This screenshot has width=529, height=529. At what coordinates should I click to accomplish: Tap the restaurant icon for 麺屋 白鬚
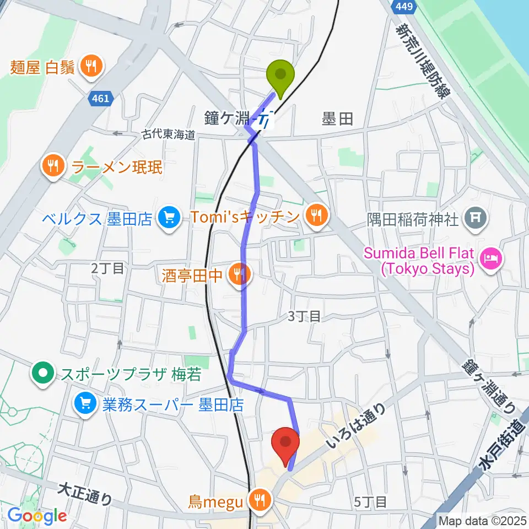pyautogui.click(x=89, y=67)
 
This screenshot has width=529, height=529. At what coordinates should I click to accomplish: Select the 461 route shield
pyautogui.click(x=101, y=98)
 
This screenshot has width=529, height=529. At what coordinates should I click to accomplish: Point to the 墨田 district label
pyautogui.click(x=337, y=118)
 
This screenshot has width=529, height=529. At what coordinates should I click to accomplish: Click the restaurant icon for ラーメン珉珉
pyautogui.click(x=53, y=166)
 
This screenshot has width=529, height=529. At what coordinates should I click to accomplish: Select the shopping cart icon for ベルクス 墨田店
pyautogui.click(x=167, y=218)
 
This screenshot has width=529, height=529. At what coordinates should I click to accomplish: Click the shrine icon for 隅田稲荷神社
pyautogui.click(x=474, y=219)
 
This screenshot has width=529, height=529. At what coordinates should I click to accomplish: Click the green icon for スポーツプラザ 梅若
pyautogui.click(x=42, y=375)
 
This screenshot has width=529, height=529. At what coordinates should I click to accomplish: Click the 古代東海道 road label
pyautogui.click(x=169, y=134)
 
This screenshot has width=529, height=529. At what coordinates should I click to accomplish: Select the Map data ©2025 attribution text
pyautogui.click(x=483, y=520)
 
